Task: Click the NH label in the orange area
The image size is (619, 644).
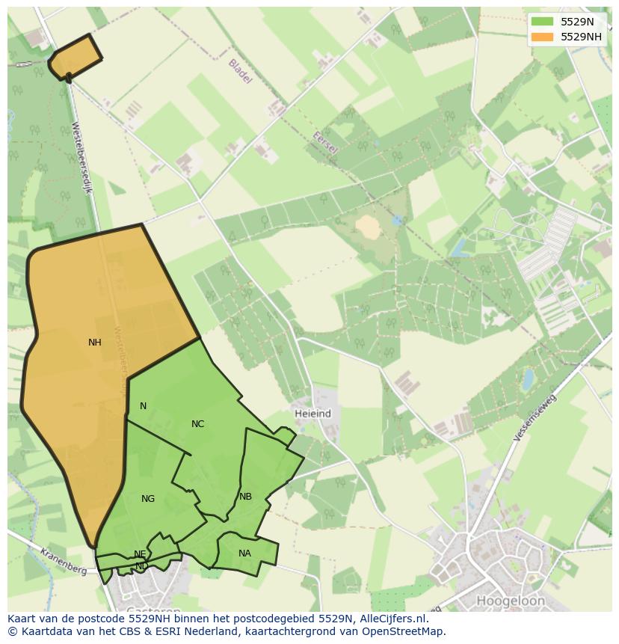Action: pyautogui.click(x=94, y=343)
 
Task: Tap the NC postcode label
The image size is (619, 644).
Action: pyautogui.click(x=197, y=424)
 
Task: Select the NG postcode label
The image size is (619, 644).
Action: pyautogui.click(x=148, y=499)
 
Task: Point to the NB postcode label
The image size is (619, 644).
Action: pyautogui.click(x=245, y=497)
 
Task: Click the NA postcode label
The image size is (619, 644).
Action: pyautogui.click(x=244, y=553)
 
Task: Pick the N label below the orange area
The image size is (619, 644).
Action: pyautogui.click(x=143, y=406)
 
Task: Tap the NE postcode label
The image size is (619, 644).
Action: pyautogui.click(x=140, y=554)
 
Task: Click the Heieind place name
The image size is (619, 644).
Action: pyautogui.click(x=312, y=414)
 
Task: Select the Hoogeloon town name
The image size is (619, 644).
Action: pyautogui.click(x=511, y=601)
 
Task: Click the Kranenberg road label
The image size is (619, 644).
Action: pyautogui.click(x=64, y=561)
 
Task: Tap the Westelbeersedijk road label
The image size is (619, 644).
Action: pyautogui.click(x=81, y=158)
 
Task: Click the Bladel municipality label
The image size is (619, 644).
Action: pyautogui.click(x=240, y=71)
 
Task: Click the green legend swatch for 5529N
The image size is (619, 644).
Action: pyautogui.click(x=543, y=22)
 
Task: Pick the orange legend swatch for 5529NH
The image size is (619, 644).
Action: pyautogui.click(x=543, y=37)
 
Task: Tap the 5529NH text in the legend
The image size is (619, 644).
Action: pyautogui.click(x=582, y=37)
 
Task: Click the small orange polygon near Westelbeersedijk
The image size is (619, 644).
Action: pyautogui.click(x=76, y=57)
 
